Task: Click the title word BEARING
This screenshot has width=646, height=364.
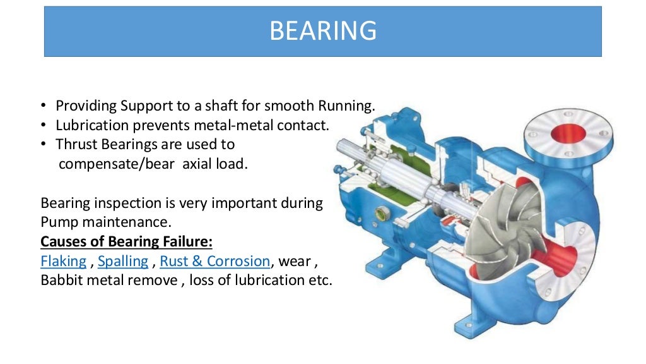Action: [x=322, y=30]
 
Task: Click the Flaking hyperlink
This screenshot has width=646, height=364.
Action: [x=63, y=261]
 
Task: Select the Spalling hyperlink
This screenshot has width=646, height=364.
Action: [x=123, y=261]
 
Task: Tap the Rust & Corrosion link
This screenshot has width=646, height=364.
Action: [x=215, y=261]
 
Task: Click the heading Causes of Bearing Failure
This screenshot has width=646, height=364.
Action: [x=126, y=242]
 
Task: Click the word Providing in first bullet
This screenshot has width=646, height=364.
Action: [x=86, y=106]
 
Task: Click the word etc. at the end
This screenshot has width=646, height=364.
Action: [x=320, y=280]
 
